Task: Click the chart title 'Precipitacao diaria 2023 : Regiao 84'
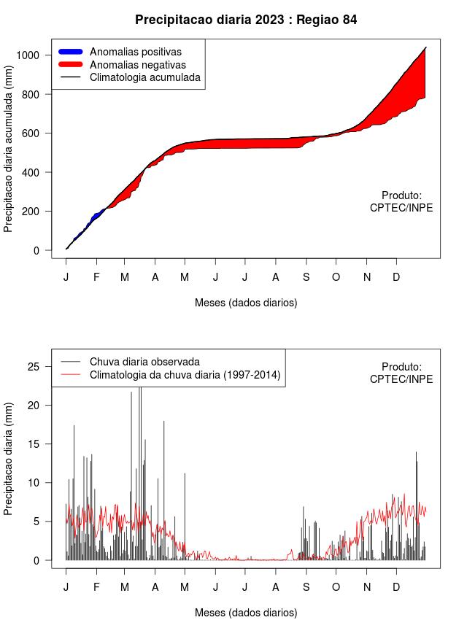click(x=246, y=20)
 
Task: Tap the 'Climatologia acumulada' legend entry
click(x=144, y=77)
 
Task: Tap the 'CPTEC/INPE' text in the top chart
click(x=401, y=208)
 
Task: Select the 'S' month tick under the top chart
click(x=306, y=277)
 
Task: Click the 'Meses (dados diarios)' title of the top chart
click(x=246, y=302)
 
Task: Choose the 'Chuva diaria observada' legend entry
click(x=144, y=362)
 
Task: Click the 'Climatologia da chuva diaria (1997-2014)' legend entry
click(x=185, y=375)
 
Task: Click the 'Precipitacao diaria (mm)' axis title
click(x=9, y=458)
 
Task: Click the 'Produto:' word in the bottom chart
click(x=402, y=367)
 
